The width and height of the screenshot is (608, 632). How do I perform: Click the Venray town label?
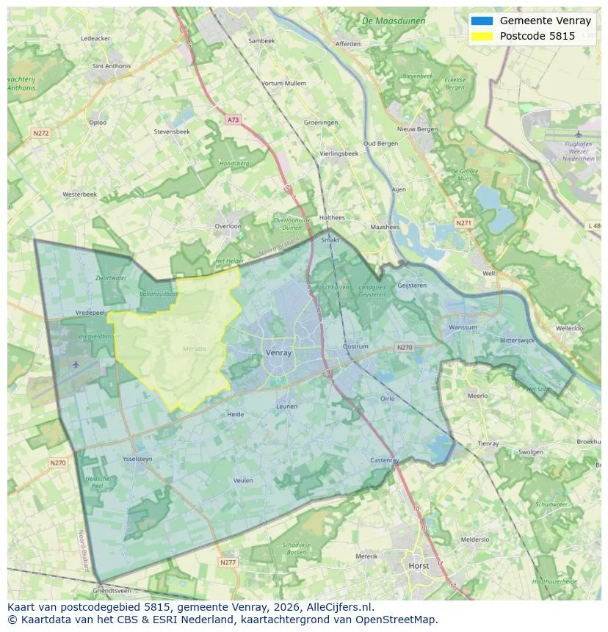[x=278, y=353]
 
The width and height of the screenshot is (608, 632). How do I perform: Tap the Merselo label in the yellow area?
[x=194, y=349]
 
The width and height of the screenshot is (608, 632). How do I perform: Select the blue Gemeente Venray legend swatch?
[x=482, y=21]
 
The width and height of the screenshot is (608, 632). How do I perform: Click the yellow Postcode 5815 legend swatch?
[x=482, y=36]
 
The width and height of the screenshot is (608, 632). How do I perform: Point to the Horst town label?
[x=419, y=566]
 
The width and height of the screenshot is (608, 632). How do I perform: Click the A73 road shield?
[x=233, y=120]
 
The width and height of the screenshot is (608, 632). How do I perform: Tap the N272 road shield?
[x=40, y=133]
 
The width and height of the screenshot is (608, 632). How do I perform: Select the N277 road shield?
[x=228, y=562]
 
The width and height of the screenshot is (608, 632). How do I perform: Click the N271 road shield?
[x=463, y=222]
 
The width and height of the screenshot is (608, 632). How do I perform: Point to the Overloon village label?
[x=228, y=226]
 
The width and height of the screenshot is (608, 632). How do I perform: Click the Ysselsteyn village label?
[x=137, y=459]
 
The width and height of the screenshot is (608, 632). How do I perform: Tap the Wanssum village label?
[x=463, y=327]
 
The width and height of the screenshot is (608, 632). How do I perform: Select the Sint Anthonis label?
[x=112, y=66]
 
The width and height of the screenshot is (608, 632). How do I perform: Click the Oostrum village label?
[x=356, y=346]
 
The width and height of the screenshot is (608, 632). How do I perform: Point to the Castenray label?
[x=384, y=460]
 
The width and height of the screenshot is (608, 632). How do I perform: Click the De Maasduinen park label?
[x=394, y=21]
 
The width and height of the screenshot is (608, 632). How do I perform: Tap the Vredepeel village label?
[x=90, y=312]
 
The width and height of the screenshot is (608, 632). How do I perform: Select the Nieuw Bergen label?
[x=417, y=129]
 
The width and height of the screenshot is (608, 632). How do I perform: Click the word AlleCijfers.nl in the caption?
[x=341, y=608]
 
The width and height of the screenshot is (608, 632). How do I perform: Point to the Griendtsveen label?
[x=112, y=590]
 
